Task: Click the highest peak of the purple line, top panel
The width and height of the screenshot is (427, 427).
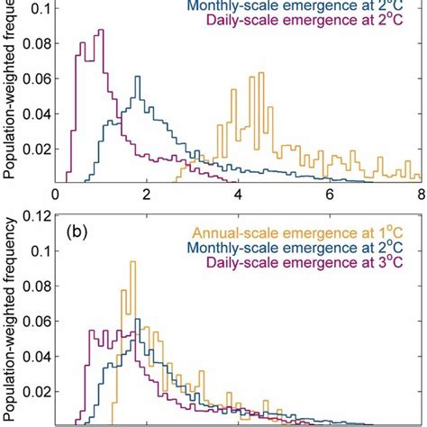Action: pyautogui.click(x=100, y=30)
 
